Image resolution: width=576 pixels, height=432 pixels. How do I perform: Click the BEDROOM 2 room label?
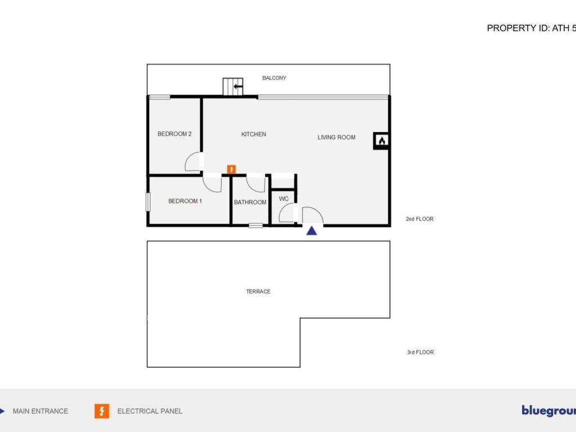(174, 134)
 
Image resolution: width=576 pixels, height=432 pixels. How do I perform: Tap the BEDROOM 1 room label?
(185, 201)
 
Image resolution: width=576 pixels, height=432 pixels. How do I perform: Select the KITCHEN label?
(254, 134)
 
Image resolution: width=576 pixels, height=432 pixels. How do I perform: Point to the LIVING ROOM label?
(336, 137)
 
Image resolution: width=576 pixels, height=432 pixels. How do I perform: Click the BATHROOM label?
(250, 202)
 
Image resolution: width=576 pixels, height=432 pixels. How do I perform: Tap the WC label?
(283, 199)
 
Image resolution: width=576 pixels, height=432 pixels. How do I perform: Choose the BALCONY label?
(274, 78)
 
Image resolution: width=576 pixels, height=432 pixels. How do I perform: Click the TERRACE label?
(258, 291)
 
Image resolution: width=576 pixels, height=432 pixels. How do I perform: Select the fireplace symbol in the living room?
(381, 141)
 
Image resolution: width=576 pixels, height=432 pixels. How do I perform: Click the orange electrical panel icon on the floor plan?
(231, 169)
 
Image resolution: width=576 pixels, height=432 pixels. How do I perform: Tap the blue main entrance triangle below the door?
(312, 230)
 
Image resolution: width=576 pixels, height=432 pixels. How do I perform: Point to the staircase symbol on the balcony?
(233, 87)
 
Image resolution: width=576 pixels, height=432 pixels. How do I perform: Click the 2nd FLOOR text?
(420, 219)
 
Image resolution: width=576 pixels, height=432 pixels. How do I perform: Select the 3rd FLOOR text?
(420, 353)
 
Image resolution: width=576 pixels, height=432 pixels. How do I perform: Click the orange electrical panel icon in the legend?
(102, 411)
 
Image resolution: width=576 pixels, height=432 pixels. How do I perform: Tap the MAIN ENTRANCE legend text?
(40, 411)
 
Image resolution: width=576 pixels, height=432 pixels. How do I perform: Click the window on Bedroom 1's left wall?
(148, 202)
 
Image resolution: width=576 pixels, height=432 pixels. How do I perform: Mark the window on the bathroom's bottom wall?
(256, 226)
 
